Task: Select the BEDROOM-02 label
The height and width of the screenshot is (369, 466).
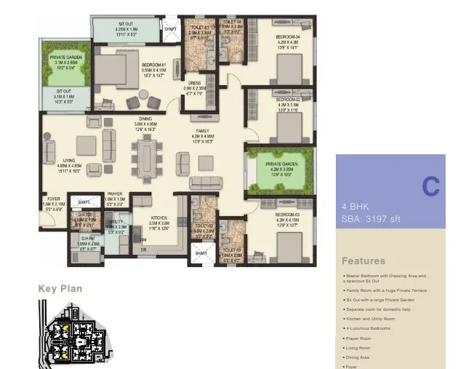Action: [x=288, y=100]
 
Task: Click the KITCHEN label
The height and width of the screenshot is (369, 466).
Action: [x=160, y=218]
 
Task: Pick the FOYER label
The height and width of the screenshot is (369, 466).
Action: [x=54, y=198]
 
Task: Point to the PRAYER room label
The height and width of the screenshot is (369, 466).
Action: [x=115, y=194]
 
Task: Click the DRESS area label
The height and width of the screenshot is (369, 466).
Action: [x=194, y=84]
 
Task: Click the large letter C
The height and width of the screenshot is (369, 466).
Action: [x=430, y=187]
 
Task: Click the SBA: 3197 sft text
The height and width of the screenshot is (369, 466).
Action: [x=371, y=218]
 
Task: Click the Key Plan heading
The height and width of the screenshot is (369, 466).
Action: [x=60, y=289]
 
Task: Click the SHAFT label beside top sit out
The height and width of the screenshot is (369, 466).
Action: [x=171, y=30]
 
